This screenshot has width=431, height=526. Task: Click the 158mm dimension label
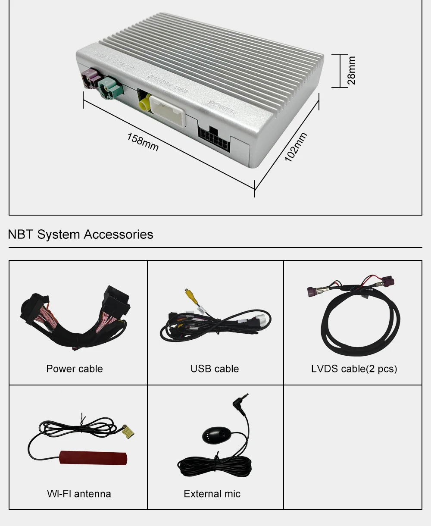[143, 142]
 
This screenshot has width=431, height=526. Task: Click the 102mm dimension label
[296, 147]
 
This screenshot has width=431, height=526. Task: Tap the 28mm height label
[352, 70]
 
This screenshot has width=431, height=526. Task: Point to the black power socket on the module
[214, 137]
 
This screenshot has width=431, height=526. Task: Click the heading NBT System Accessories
[81, 235]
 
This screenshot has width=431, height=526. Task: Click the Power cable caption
[75, 369]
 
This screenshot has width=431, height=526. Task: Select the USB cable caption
[215, 369]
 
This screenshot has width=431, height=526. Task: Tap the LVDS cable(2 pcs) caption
[354, 369]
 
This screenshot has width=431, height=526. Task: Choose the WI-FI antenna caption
[79, 494]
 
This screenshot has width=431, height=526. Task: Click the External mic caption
[212, 494]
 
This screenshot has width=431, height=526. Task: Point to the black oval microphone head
[214, 435]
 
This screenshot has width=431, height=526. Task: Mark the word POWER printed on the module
[222, 108]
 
